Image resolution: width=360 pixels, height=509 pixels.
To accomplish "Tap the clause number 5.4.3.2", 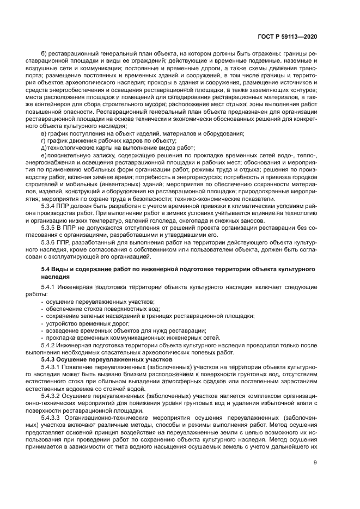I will pos(52,396).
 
